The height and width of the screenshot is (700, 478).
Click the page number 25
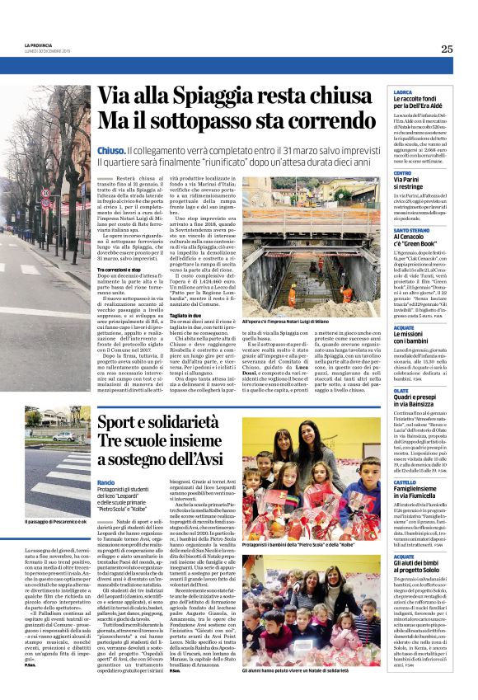[447, 49]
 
